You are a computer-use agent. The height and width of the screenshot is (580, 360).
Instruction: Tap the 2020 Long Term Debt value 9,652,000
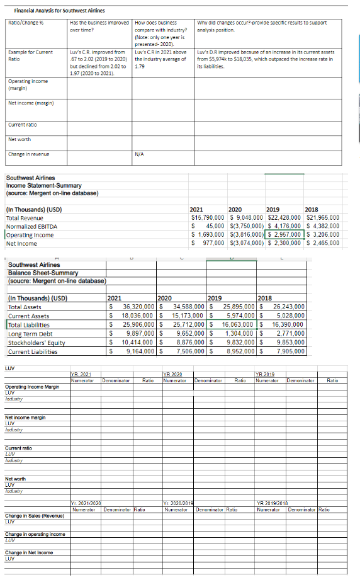click(189, 333)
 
